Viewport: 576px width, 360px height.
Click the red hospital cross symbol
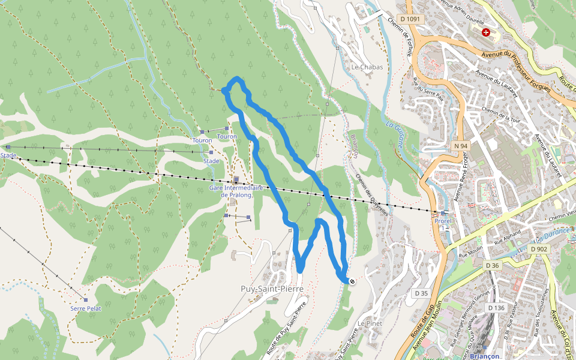(x=486, y=32)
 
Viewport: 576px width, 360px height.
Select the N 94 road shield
(x=461, y=146)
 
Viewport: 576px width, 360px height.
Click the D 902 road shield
(x=539, y=248)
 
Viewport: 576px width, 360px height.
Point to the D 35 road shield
(x=421, y=293)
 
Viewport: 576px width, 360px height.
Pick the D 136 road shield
(x=496, y=308)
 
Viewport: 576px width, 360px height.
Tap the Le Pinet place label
(x=370, y=323)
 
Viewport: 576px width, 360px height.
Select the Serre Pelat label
(x=86, y=308)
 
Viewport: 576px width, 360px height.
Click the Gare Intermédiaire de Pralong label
(x=236, y=191)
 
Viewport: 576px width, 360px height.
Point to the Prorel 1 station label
(x=443, y=224)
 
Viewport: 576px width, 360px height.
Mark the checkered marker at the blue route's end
(x=352, y=281)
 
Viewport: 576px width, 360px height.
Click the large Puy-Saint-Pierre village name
(x=272, y=289)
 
